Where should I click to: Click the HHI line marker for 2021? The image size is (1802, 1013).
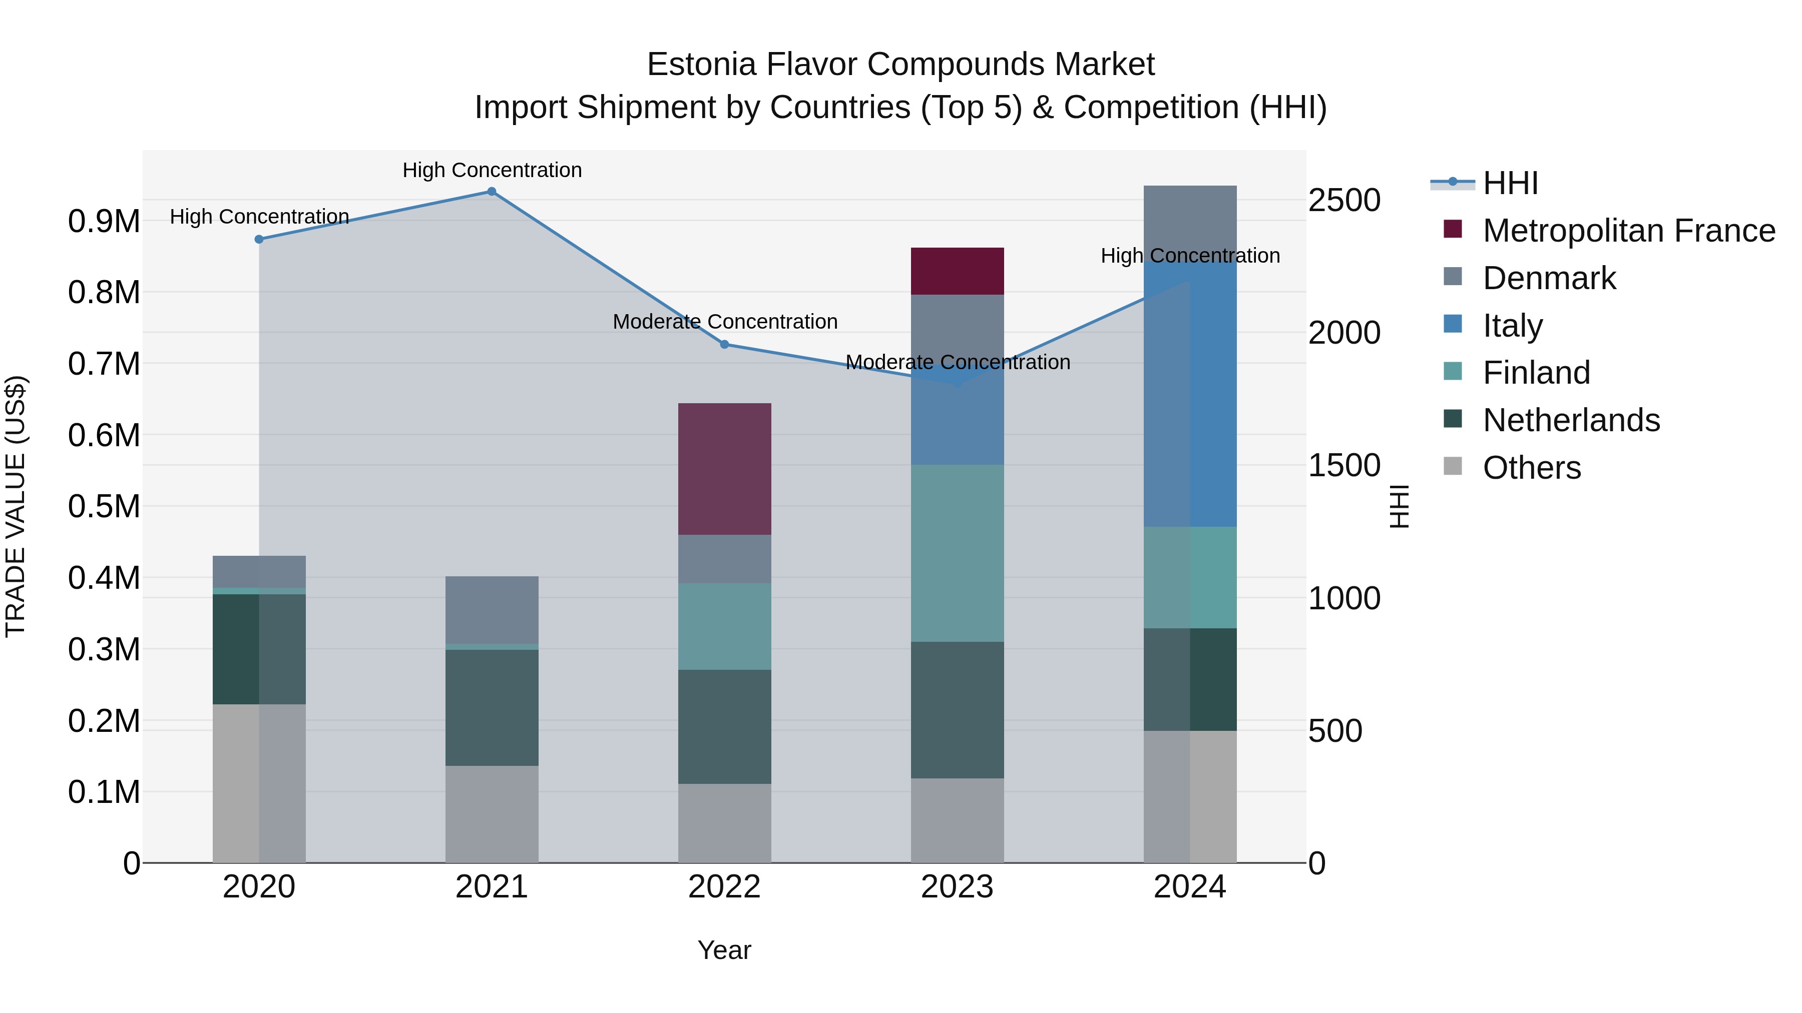(492, 192)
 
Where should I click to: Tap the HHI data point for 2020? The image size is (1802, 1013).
(259, 239)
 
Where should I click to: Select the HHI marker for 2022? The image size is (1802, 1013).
(725, 344)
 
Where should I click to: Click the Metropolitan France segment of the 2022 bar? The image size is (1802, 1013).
(725, 468)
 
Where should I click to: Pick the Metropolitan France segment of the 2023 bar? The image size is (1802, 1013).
(957, 271)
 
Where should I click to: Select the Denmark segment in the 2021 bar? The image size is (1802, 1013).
(492, 610)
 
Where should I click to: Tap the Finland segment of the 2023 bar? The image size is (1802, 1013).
(957, 553)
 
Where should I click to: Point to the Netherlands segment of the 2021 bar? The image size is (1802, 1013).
(492, 707)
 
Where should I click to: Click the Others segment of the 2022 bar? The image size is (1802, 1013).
(725, 823)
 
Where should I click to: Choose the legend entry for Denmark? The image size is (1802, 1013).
(1549, 278)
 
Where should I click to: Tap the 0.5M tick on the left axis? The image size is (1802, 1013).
(104, 506)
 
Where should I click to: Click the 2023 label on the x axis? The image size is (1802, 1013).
(957, 887)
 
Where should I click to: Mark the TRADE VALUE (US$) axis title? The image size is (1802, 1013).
(16, 506)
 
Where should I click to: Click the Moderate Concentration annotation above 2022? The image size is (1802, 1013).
(725, 322)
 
